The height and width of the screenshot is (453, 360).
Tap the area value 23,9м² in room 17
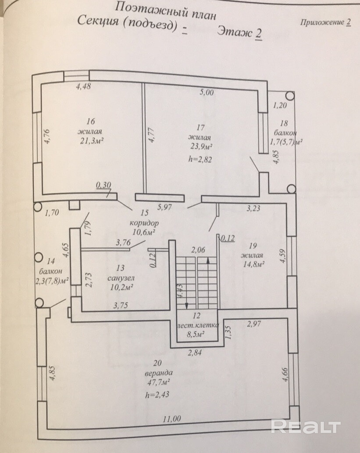(202, 146)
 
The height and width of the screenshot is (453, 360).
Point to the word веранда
(157, 374)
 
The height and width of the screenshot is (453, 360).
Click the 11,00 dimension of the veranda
(171, 419)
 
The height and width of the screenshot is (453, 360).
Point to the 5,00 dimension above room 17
(207, 92)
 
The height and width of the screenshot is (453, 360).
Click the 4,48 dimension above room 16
(83, 86)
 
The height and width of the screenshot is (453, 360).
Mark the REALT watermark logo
(306, 426)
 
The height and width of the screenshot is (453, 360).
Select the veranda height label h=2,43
(157, 395)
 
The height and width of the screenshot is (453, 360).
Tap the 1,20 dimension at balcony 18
(279, 105)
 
